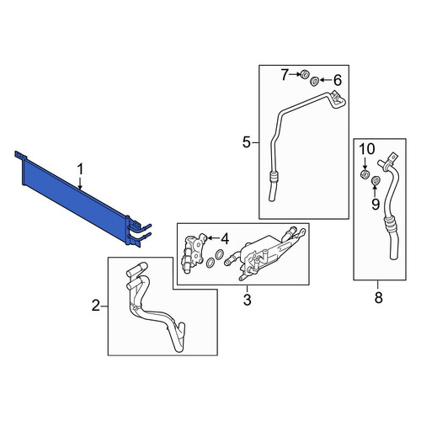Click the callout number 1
(x=81, y=170)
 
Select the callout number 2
(x=96, y=306)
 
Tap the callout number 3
(x=247, y=300)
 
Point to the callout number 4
(x=225, y=239)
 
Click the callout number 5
(x=246, y=142)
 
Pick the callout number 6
(x=338, y=81)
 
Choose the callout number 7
(x=285, y=75)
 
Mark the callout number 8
(x=379, y=297)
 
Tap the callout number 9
(x=376, y=205)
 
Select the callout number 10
(x=367, y=149)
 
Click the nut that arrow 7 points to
(x=305, y=75)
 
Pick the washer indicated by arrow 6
(x=314, y=82)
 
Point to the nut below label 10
(x=365, y=174)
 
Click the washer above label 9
(x=376, y=181)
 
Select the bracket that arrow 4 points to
(x=195, y=253)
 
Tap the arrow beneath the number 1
(x=81, y=184)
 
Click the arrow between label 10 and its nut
(x=365, y=163)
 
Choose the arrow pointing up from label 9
(x=376, y=191)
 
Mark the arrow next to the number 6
(x=325, y=80)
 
